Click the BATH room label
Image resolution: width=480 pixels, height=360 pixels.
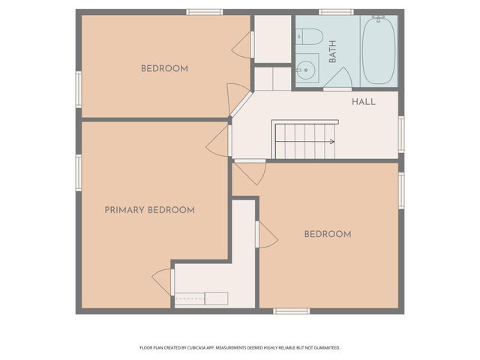coord(332,51)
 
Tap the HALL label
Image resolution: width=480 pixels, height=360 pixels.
coord(364,102)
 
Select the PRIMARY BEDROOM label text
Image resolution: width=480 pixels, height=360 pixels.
coord(149,210)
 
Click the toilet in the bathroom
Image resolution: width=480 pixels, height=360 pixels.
coord(308,36)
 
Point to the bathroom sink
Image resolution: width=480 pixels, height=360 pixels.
coord(305,72)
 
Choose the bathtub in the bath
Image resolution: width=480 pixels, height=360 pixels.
coord(379,49)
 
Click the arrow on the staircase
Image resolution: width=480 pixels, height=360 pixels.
coord(330,140)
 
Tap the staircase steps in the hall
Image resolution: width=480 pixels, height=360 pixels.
coord(304,142)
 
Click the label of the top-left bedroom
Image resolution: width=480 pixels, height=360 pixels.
coord(164,69)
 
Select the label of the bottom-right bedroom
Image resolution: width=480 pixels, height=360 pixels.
coord(327,234)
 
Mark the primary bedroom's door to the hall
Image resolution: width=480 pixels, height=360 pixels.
coord(219,140)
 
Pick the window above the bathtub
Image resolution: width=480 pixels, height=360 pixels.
coord(336,12)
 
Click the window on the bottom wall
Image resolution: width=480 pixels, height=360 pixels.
coord(291,311)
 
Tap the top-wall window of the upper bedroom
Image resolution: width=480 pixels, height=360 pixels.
coord(204,12)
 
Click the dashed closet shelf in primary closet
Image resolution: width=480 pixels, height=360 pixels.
coord(201,298)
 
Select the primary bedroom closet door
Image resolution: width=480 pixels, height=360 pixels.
coord(163,281)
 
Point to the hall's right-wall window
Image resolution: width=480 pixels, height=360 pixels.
coord(401,133)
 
